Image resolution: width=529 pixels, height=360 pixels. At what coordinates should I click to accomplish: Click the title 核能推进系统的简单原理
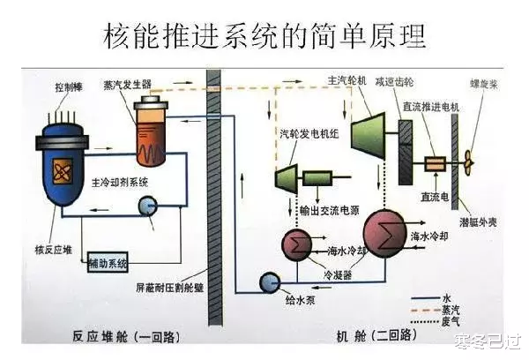264,35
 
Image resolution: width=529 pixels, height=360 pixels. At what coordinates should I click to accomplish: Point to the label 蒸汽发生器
145,85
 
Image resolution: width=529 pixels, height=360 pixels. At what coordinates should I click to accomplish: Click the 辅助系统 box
108,263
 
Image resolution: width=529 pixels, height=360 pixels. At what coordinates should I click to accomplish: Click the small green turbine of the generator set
288,178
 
